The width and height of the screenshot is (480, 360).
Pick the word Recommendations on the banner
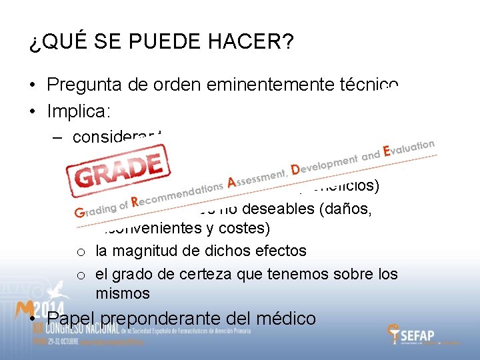tap(177, 193)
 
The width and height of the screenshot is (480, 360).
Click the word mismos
tap(123, 293)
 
